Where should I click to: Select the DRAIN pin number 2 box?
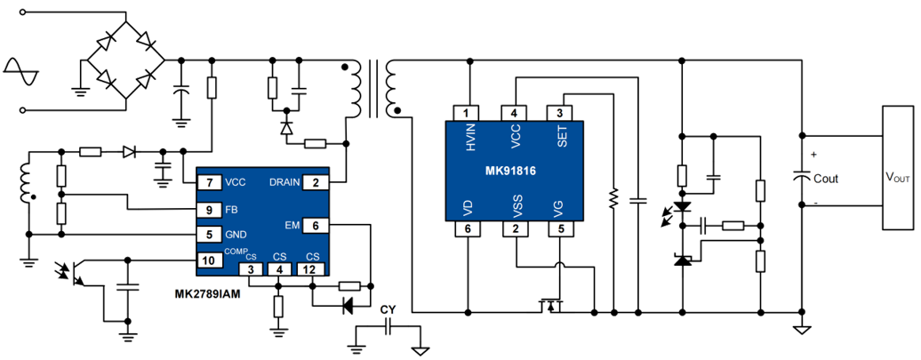click(x=316, y=182)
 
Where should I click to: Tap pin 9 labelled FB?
click(x=209, y=211)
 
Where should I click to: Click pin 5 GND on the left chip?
click(x=209, y=235)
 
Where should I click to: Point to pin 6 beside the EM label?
click(x=316, y=225)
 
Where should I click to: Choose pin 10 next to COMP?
click(x=209, y=260)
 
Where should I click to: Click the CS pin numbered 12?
click(x=308, y=269)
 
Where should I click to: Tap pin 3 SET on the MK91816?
click(x=558, y=113)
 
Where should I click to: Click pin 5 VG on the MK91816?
click(x=558, y=230)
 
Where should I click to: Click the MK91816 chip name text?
click(x=512, y=171)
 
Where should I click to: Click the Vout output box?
click(x=899, y=178)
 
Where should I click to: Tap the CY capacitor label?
click(x=387, y=310)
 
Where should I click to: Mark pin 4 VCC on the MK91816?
click(x=513, y=113)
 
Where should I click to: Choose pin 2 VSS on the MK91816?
click(x=513, y=230)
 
